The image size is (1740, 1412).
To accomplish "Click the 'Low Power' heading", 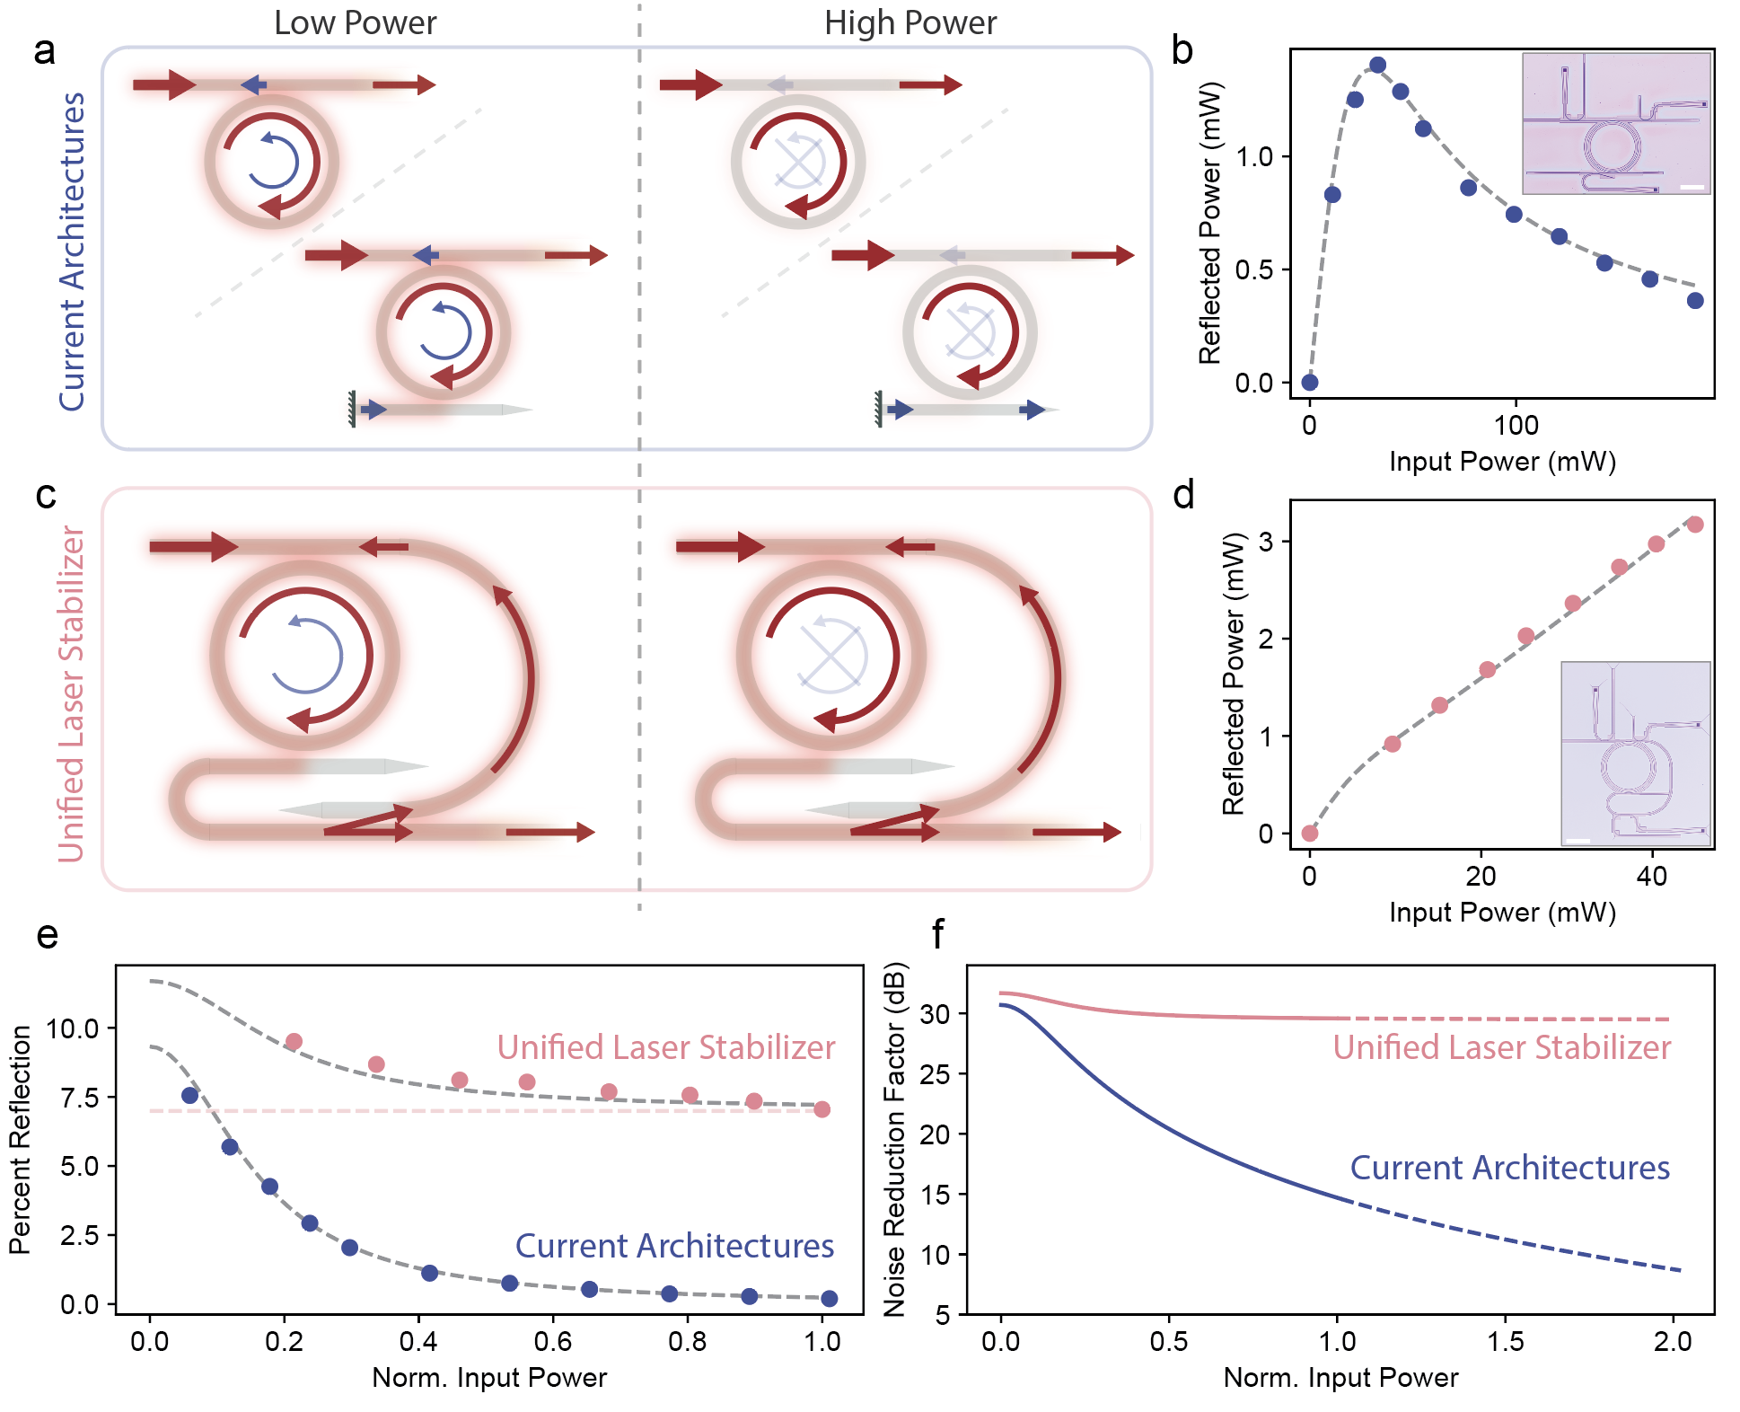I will tap(355, 22).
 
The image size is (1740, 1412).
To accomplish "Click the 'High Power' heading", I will tap(910, 22).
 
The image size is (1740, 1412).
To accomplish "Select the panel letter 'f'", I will tap(937, 934).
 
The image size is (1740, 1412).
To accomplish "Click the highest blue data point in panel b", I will tap(1377, 65).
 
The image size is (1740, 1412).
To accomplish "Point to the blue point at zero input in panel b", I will tap(1310, 382).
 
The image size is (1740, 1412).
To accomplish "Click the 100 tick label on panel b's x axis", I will tap(1516, 425).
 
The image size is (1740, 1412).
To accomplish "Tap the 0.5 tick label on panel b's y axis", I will tap(1254, 269).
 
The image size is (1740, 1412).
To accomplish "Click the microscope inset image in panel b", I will tap(1616, 123).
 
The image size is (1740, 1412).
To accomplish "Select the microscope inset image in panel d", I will tap(1635, 753).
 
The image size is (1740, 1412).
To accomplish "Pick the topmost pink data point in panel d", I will tap(1695, 525).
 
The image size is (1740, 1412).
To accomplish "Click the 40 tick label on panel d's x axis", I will tap(1651, 876).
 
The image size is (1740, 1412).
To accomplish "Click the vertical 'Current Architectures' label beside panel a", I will tap(72, 252).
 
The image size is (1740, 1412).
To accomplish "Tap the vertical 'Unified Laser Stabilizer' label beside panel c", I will tap(71, 693).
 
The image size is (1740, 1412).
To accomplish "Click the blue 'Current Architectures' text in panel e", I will tap(674, 1246).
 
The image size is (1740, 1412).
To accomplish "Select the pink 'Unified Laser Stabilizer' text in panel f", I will tap(1501, 1047).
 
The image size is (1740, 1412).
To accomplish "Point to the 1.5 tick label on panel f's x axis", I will tap(1505, 1341).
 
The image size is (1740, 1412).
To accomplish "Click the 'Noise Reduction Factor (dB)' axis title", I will tap(894, 1140).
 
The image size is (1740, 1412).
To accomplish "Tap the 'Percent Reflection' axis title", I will tap(20, 1140).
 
